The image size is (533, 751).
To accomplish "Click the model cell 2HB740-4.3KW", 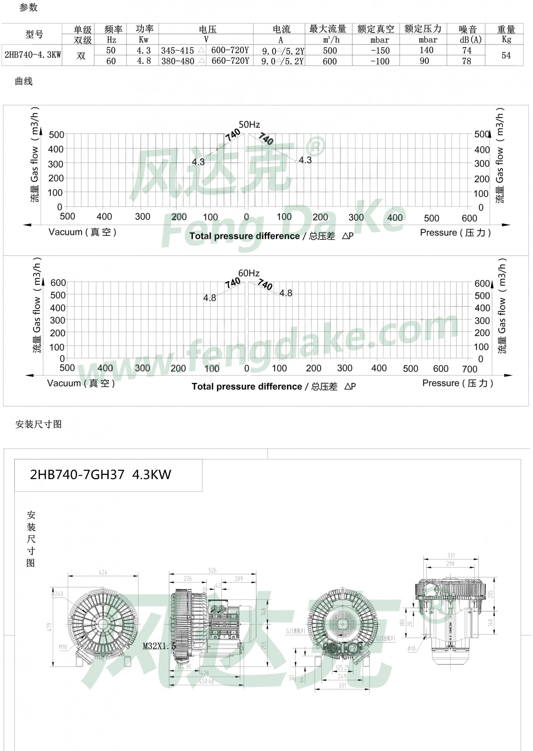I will pyautogui.click(x=33, y=55).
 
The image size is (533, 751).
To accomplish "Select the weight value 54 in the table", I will pyautogui.click(x=505, y=55).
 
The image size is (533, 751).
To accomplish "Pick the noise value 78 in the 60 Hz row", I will pyautogui.click(x=466, y=61).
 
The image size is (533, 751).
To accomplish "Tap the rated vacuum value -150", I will pyautogui.click(x=380, y=51).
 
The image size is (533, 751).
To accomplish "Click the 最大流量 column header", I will pyautogui.click(x=328, y=29).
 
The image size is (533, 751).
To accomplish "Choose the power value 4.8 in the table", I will pyautogui.click(x=144, y=61).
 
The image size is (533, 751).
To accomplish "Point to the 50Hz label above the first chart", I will pyautogui.click(x=249, y=124).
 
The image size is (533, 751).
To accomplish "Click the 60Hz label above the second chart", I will pyautogui.click(x=249, y=273).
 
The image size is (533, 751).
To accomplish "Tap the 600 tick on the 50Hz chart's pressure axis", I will pyautogui.click(x=469, y=218).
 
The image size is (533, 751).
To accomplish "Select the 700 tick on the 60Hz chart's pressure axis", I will pyautogui.click(x=470, y=369).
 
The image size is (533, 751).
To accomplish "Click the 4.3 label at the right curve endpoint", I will pyautogui.click(x=305, y=160).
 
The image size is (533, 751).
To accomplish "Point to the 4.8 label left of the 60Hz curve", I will pyautogui.click(x=209, y=298).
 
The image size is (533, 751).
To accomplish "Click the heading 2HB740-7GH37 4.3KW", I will pyautogui.click(x=101, y=475).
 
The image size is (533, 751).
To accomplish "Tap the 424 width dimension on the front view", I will pyautogui.click(x=103, y=572).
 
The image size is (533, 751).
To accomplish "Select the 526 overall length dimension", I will pyautogui.click(x=213, y=570).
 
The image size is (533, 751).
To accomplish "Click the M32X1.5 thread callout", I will pyautogui.click(x=159, y=646).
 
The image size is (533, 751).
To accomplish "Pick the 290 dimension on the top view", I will pyautogui.click(x=450, y=563).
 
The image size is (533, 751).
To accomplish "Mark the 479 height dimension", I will pyautogui.click(x=49, y=627).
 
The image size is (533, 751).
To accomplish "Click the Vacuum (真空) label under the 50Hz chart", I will pyautogui.click(x=82, y=232).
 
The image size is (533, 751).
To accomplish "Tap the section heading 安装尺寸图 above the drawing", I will pyautogui.click(x=38, y=424).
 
